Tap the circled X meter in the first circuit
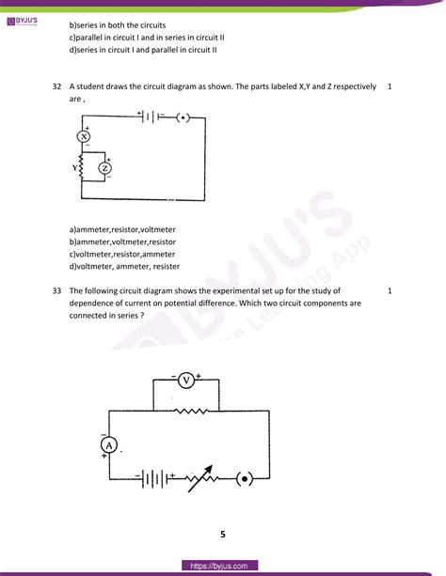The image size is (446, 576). (x=83, y=135)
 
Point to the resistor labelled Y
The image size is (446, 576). (x=83, y=169)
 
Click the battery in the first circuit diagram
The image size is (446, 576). (x=149, y=117)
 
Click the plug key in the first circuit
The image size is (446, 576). (x=184, y=117)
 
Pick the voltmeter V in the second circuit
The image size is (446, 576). (x=186, y=380)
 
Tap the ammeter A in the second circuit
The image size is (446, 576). (x=109, y=444)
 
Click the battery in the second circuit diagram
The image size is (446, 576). (x=151, y=477)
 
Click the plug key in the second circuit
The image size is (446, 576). (x=247, y=477)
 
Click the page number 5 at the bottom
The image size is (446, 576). (x=223, y=535)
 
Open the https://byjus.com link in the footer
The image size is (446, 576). (x=222, y=565)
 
